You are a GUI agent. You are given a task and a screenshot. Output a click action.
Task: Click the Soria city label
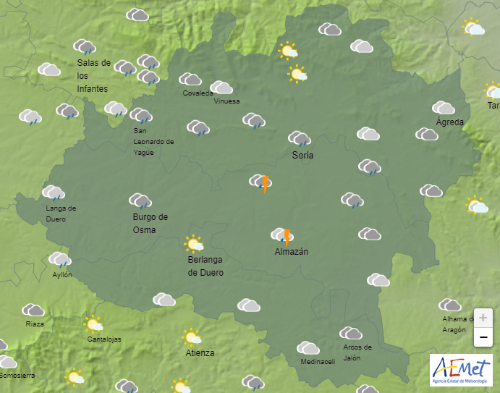point(302,156)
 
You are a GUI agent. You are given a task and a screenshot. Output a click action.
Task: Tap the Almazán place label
point(292,252)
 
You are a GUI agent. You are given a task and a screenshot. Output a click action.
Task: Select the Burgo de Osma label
point(151,223)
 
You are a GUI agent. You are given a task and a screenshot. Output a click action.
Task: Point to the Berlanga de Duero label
point(205,266)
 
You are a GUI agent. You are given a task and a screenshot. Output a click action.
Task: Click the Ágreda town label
point(449,122)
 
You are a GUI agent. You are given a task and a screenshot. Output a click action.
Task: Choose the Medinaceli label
point(317,362)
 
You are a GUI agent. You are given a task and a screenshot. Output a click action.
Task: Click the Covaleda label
point(198,93)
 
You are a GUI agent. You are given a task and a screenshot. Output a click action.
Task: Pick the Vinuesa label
point(226,101)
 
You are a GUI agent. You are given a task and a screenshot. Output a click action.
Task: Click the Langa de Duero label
point(61,213)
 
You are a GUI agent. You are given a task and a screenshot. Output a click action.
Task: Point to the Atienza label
point(200,353)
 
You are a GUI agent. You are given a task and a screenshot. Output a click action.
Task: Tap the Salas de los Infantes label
point(93,75)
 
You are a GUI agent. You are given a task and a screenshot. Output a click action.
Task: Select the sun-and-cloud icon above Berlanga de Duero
point(194,243)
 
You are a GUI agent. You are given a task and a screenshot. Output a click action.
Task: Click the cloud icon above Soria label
point(299,138)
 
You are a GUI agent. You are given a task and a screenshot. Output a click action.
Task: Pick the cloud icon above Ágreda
point(443,108)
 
